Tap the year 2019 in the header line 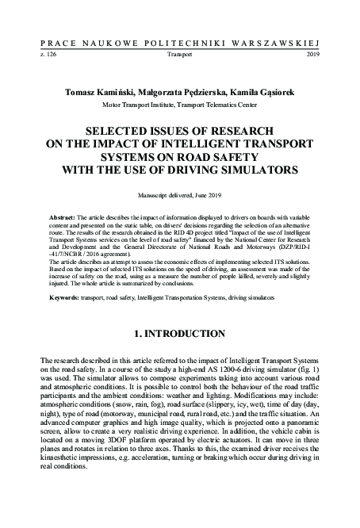[312, 55]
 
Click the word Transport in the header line [180, 55]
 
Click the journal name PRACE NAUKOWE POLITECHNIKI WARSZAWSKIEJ [180, 38]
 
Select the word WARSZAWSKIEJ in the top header [279, 38]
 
